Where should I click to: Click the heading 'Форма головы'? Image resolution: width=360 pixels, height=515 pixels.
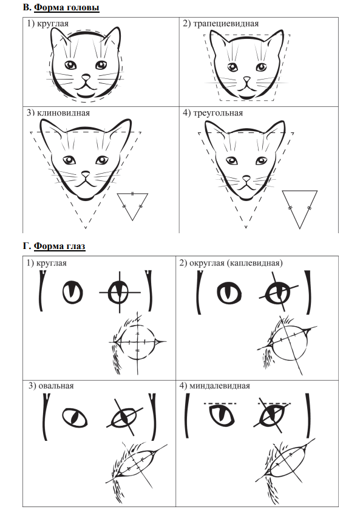pos(66,7)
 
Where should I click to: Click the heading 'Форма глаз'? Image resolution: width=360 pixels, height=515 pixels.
pos(59,246)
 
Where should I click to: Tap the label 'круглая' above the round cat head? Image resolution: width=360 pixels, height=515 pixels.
pos(53,24)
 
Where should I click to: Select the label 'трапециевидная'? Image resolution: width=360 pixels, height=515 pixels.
pos(226,24)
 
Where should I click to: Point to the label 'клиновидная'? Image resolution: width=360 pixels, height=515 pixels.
pos(63,113)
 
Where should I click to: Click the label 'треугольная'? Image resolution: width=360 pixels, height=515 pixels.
pos(218,113)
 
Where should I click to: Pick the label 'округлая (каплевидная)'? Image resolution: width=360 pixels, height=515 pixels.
pos(236,263)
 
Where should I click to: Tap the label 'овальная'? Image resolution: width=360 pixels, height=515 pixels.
pos(56,386)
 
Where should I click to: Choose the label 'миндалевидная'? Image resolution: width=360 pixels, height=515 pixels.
pos(219,386)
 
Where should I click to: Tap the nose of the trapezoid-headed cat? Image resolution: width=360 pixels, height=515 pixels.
pos(246,80)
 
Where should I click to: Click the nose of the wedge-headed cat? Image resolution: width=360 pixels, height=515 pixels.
pos(86,174)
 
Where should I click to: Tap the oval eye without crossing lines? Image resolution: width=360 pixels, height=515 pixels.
pos(75,417)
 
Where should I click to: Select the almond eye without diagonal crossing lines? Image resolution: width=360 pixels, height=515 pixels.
pos(222,415)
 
